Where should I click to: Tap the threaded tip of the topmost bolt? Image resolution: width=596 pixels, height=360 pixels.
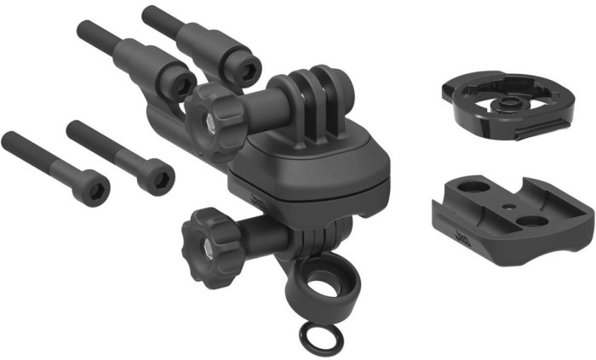(x=150, y=14)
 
